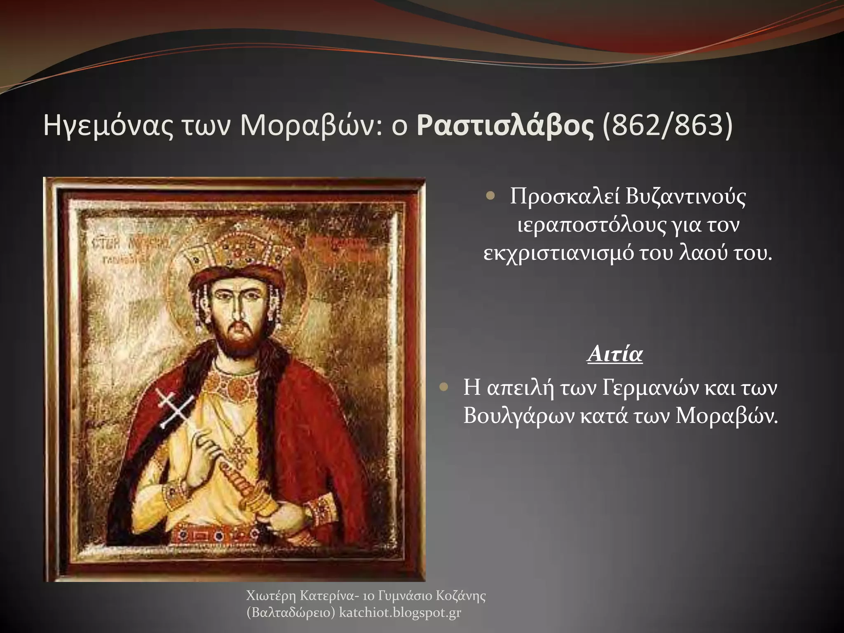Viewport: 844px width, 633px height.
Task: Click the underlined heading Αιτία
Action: (x=614, y=354)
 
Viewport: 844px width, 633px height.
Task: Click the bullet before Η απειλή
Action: (x=443, y=387)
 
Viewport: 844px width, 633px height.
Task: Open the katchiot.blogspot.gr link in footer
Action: (x=400, y=613)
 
